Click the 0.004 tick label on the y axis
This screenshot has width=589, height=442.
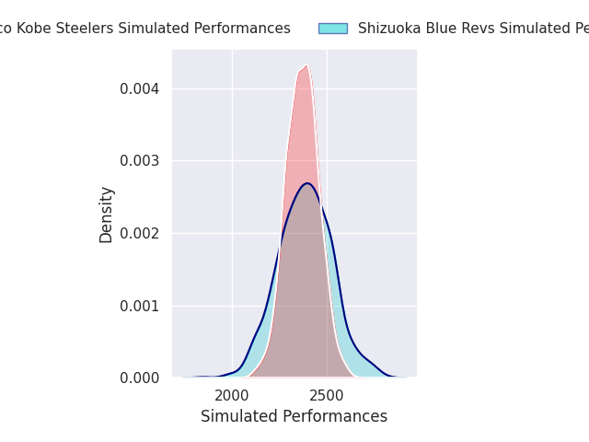tap(138, 88)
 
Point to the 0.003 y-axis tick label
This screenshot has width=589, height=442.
tap(138, 160)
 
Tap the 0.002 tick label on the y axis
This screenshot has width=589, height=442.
tap(138, 233)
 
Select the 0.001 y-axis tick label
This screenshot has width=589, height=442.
tap(138, 306)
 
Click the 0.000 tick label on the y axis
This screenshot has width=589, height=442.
tap(138, 378)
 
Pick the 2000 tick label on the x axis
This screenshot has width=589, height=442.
tap(232, 395)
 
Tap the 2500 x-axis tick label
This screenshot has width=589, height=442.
tap(327, 395)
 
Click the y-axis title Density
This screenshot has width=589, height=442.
tap(107, 215)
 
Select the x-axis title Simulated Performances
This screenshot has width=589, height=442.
tap(294, 416)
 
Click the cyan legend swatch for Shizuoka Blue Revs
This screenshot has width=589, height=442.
tap(332, 29)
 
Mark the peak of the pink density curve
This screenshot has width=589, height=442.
tap(306, 65)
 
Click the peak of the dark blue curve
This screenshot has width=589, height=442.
tap(308, 183)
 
